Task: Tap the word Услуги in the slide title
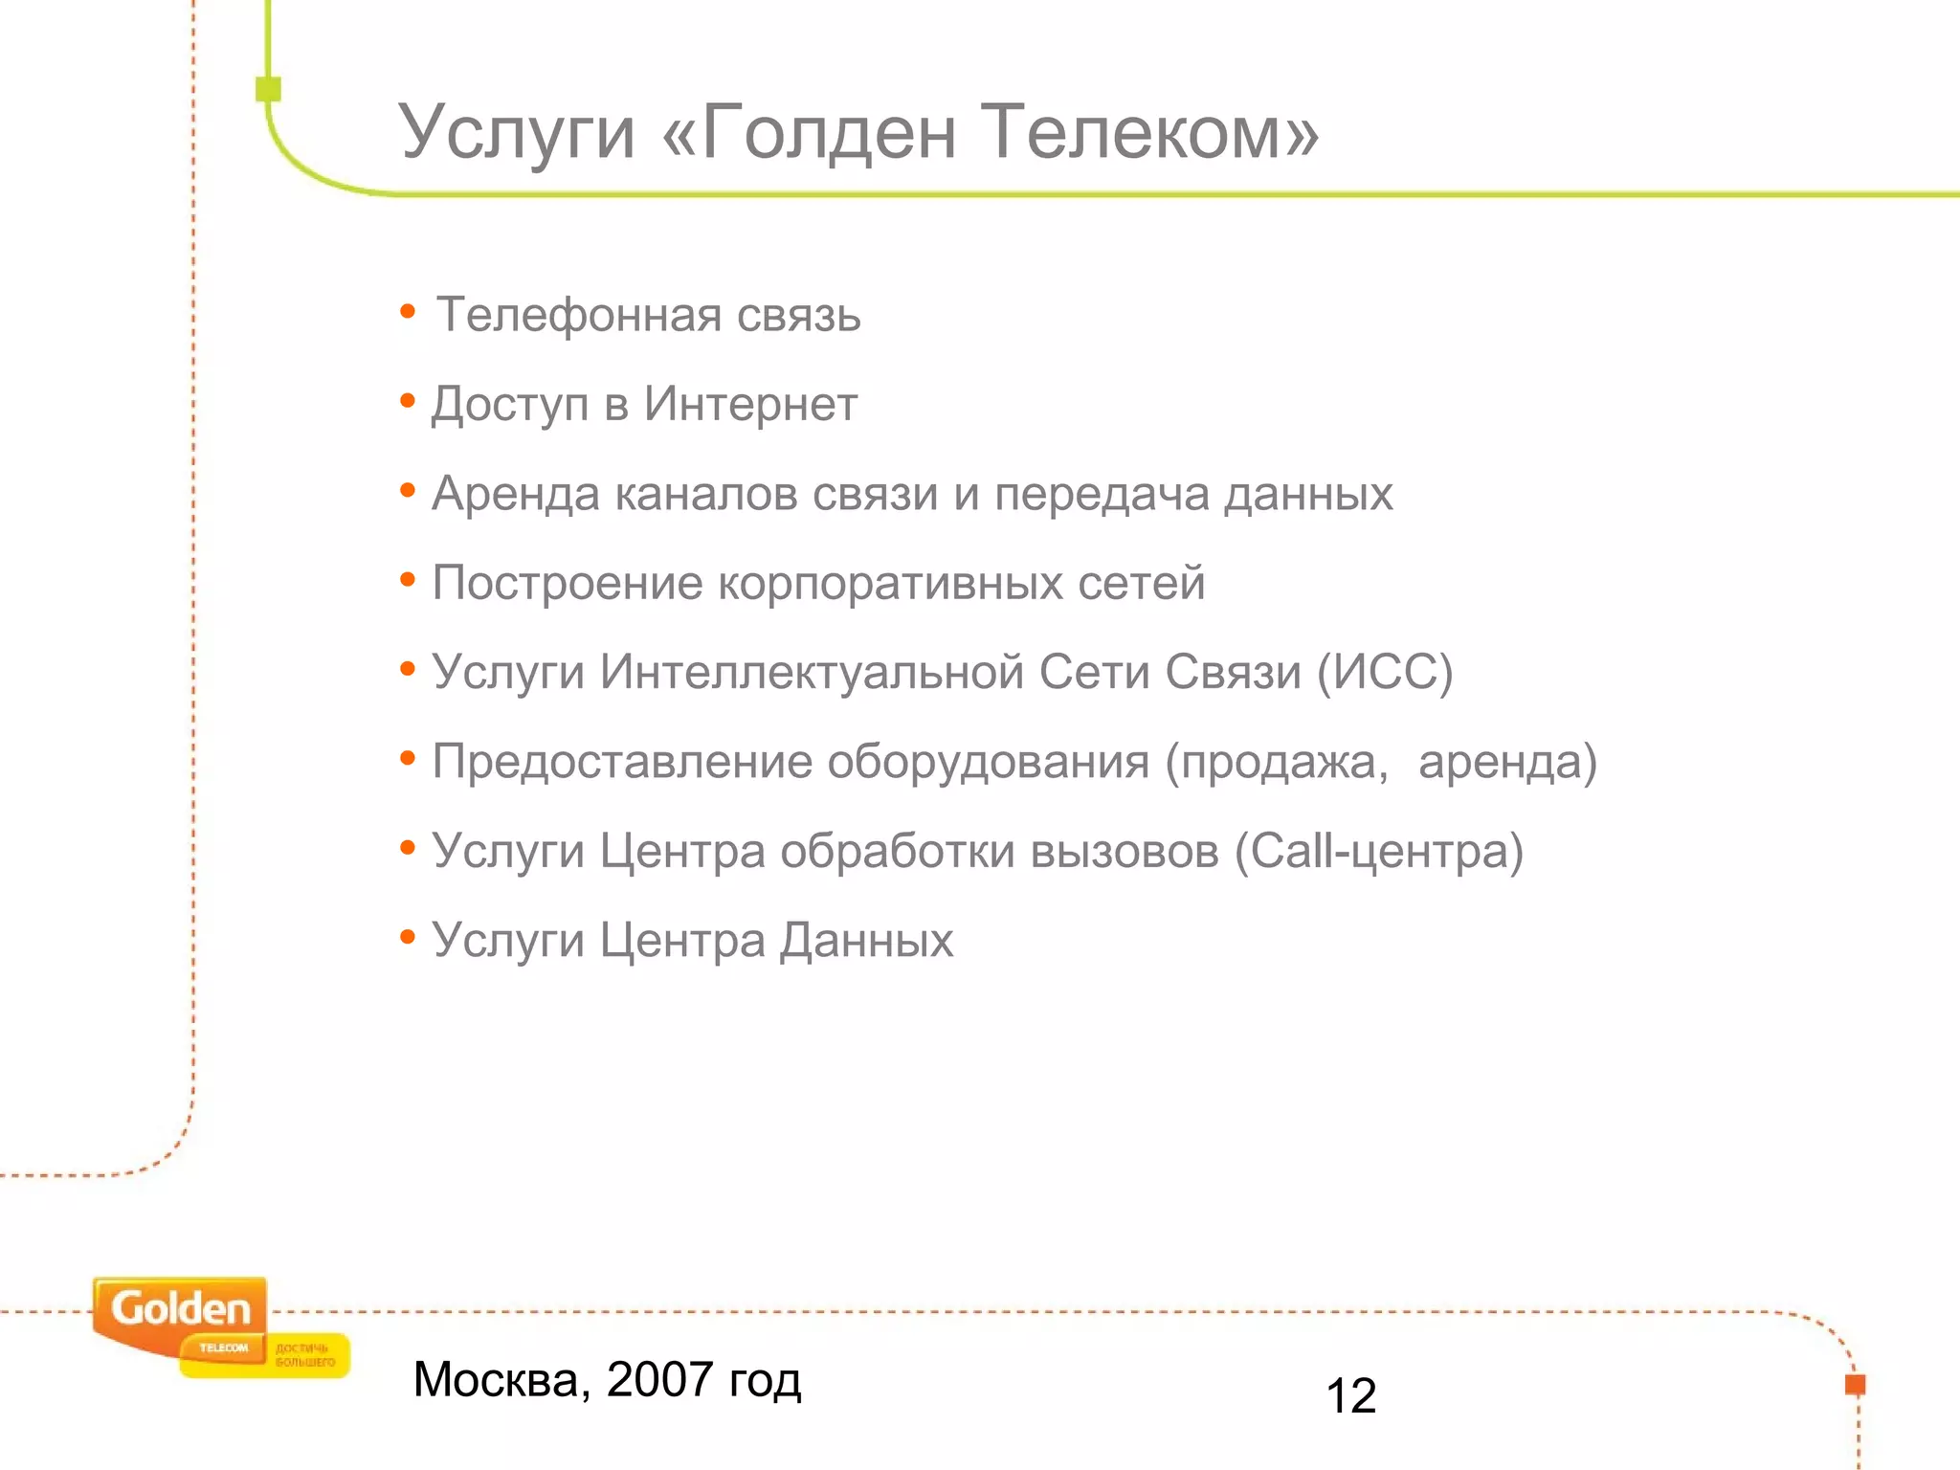tap(517, 134)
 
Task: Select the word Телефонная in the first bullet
tap(579, 315)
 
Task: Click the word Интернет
tap(750, 404)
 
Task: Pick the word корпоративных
tap(890, 583)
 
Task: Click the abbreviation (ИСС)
tap(1385, 672)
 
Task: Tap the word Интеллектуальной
tap(813, 672)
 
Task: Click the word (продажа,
tap(1277, 762)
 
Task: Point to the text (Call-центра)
tap(1379, 851)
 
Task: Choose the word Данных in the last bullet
tap(866, 940)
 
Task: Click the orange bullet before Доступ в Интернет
tap(408, 401)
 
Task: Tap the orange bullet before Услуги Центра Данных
tap(408, 937)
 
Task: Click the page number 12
tap(1350, 1395)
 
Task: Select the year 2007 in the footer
tap(659, 1379)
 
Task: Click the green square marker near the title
tap(269, 89)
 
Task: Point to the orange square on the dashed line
tap(1855, 1384)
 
